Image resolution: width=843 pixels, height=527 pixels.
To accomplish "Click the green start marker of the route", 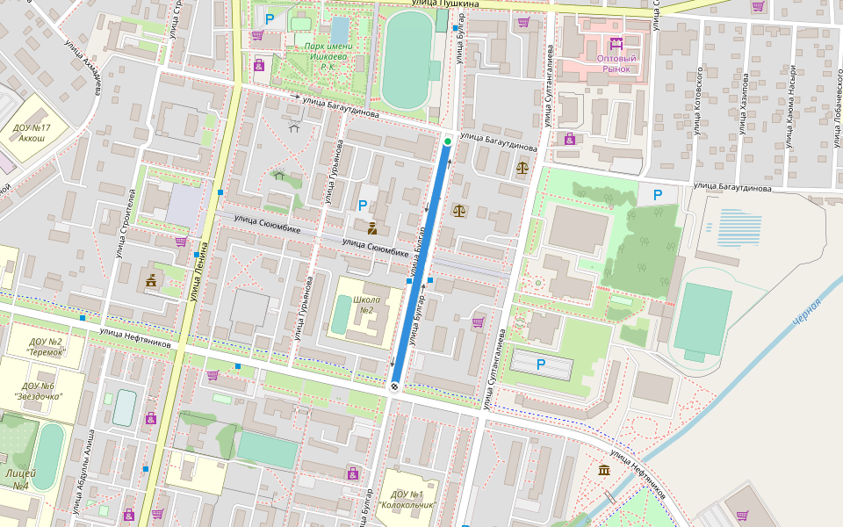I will coord(448,141).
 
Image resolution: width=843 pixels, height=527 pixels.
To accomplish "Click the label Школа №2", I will coord(364,304).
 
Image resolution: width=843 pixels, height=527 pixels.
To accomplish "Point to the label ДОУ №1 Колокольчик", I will coord(406,500).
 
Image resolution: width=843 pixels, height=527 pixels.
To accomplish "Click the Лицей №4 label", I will coord(18,479).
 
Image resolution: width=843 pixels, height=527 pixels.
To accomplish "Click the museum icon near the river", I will coord(604,472).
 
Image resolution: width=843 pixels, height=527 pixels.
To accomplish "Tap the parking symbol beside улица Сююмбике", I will coord(363,206).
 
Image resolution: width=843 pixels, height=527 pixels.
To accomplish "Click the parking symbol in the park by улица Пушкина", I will coord(270,18).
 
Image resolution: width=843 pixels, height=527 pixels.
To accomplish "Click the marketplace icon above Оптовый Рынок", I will coord(616,42).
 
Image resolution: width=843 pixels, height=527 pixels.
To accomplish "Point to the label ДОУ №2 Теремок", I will coord(45,346).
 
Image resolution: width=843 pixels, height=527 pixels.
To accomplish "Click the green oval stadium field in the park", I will coord(407,59).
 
